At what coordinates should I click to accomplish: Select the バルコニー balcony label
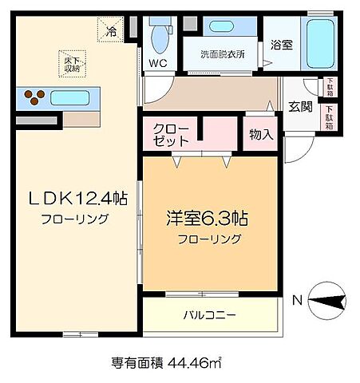click(x=209, y=314)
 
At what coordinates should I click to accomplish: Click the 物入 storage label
click(x=261, y=135)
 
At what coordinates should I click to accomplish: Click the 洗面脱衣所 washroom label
click(x=223, y=56)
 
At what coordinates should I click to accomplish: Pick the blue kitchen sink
click(x=73, y=98)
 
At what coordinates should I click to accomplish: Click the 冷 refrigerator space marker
click(x=112, y=31)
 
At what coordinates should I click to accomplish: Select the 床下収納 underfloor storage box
click(x=70, y=64)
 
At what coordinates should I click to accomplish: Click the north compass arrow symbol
click(x=327, y=301)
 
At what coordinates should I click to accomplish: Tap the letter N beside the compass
click(x=296, y=301)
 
